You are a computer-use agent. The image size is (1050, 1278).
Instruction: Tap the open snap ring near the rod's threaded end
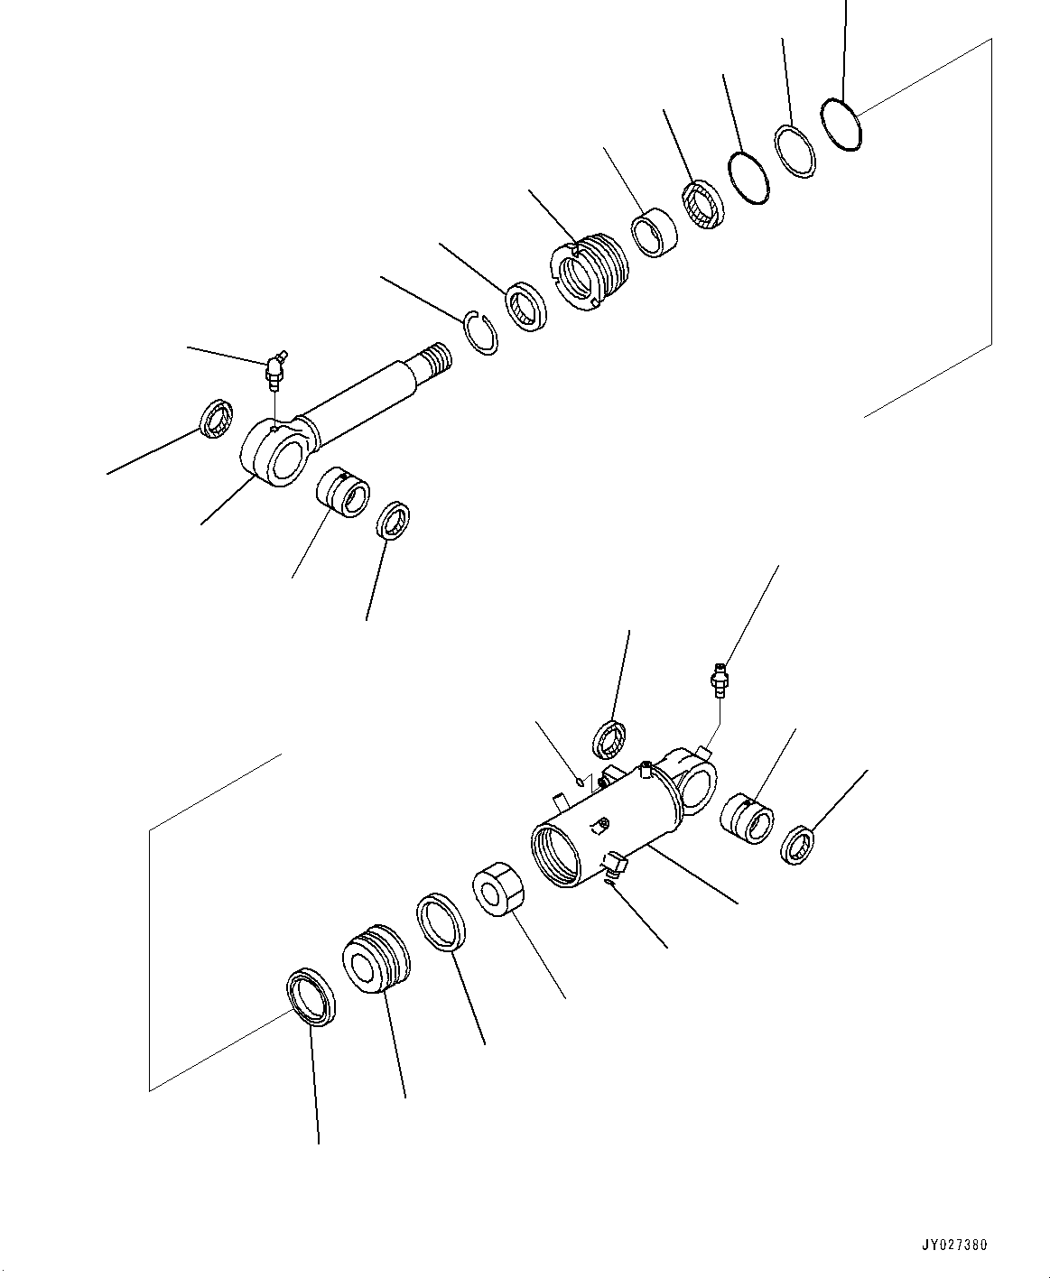(x=481, y=330)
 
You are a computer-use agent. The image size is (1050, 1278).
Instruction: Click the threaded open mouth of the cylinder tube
(x=557, y=855)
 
